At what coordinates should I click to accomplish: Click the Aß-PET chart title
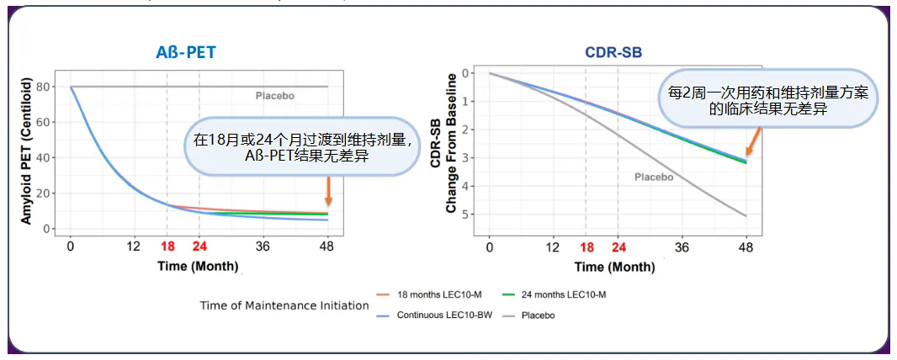coord(186,52)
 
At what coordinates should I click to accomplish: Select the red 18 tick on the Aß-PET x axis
coord(167,246)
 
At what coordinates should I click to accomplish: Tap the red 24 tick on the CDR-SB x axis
coord(618,246)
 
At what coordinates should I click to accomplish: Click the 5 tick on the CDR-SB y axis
coord(464,215)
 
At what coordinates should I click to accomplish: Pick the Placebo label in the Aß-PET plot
coord(275,96)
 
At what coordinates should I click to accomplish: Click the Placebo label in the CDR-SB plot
coord(654,177)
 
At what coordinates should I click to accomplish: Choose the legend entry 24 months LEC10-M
coord(565,294)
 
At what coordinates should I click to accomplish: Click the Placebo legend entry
coord(538,315)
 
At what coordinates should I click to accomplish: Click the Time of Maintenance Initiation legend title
coord(284,305)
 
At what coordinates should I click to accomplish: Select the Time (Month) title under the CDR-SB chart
coord(614,267)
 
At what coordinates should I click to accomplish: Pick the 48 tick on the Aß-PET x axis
coord(327,246)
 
